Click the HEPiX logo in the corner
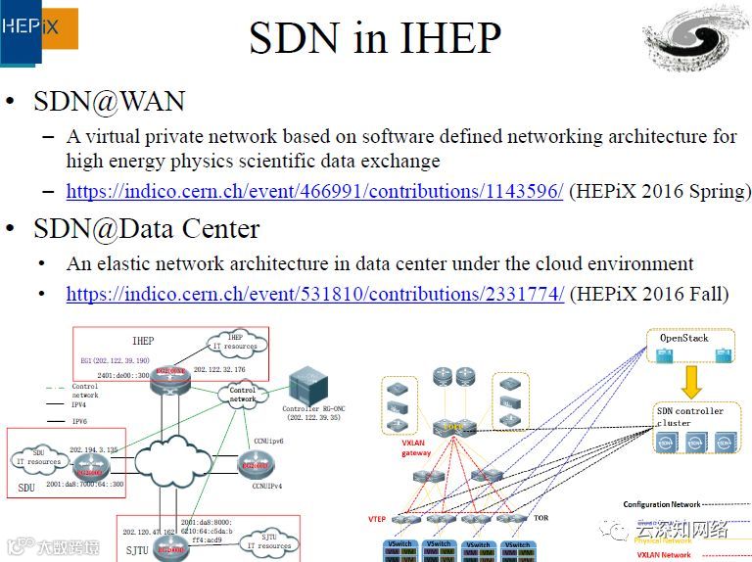pyautogui.click(x=37, y=30)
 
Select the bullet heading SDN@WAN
pyautogui.click(x=109, y=102)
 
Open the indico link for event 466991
pyautogui.click(x=314, y=191)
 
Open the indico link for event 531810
pyautogui.click(x=314, y=294)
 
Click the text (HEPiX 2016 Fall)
pyautogui.click(x=649, y=294)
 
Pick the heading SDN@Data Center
pyautogui.click(x=147, y=229)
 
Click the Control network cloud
pyautogui.click(x=242, y=395)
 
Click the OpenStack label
pyautogui.click(x=683, y=339)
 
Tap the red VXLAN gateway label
pyautogui.click(x=416, y=447)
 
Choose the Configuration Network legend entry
pyautogui.click(x=661, y=505)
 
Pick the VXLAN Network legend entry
pyautogui.click(x=663, y=555)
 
